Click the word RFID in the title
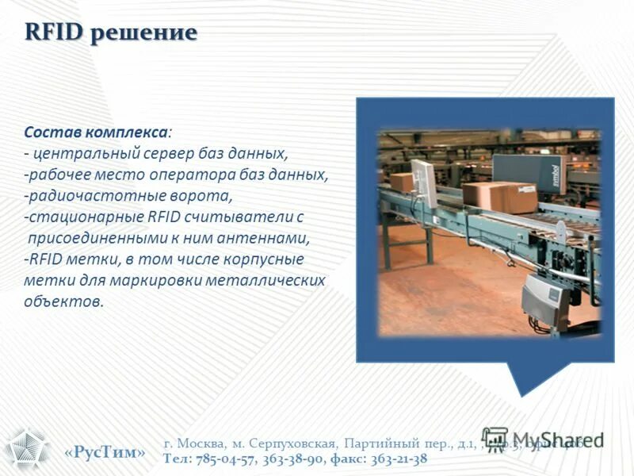(53, 33)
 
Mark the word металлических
(265, 281)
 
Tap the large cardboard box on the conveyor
(499, 197)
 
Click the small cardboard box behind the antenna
(402, 182)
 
